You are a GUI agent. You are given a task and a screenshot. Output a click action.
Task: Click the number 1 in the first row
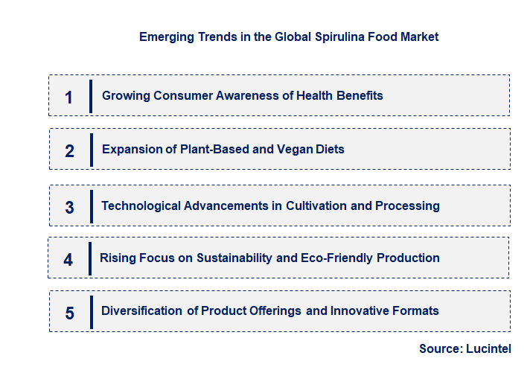point(68,97)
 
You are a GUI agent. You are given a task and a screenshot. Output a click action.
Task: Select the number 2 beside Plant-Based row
point(69,151)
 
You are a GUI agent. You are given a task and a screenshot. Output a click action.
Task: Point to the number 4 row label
point(68,260)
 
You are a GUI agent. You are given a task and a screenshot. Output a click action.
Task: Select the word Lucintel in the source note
point(488,348)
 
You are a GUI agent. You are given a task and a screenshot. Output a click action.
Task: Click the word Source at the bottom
point(441,348)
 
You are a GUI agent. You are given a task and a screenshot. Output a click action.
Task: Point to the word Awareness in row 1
point(232,95)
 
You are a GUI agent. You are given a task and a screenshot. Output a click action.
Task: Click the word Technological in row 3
point(138,205)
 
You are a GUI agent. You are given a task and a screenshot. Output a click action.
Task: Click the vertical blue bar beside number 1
point(90,95)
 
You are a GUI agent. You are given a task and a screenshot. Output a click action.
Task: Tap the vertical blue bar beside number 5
point(90,311)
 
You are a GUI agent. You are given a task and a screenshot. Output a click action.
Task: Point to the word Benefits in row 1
point(360,95)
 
